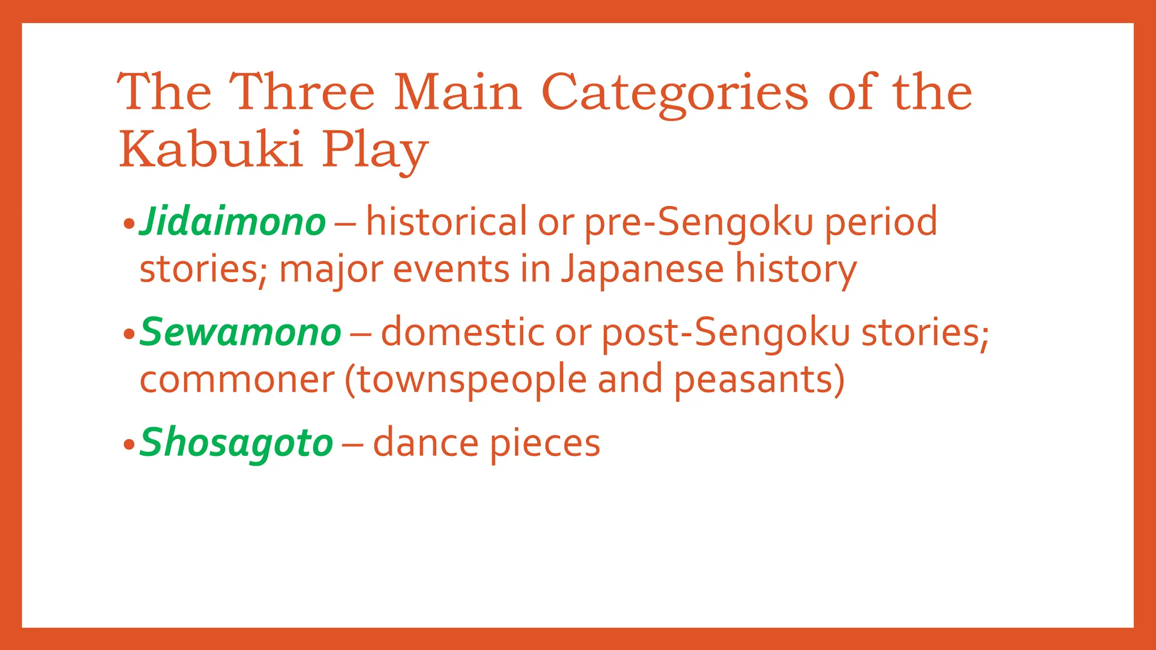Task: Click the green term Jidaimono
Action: (x=233, y=222)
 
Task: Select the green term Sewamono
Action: (x=240, y=332)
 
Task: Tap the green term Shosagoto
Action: (x=237, y=443)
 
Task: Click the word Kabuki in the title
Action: (x=211, y=149)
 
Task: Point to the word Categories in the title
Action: (x=675, y=93)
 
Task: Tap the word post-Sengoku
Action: (x=726, y=332)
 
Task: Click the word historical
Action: (x=446, y=221)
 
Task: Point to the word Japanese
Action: (x=642, y=270)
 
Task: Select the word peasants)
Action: (x=759, y=379)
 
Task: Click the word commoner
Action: (x=237, y=380)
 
